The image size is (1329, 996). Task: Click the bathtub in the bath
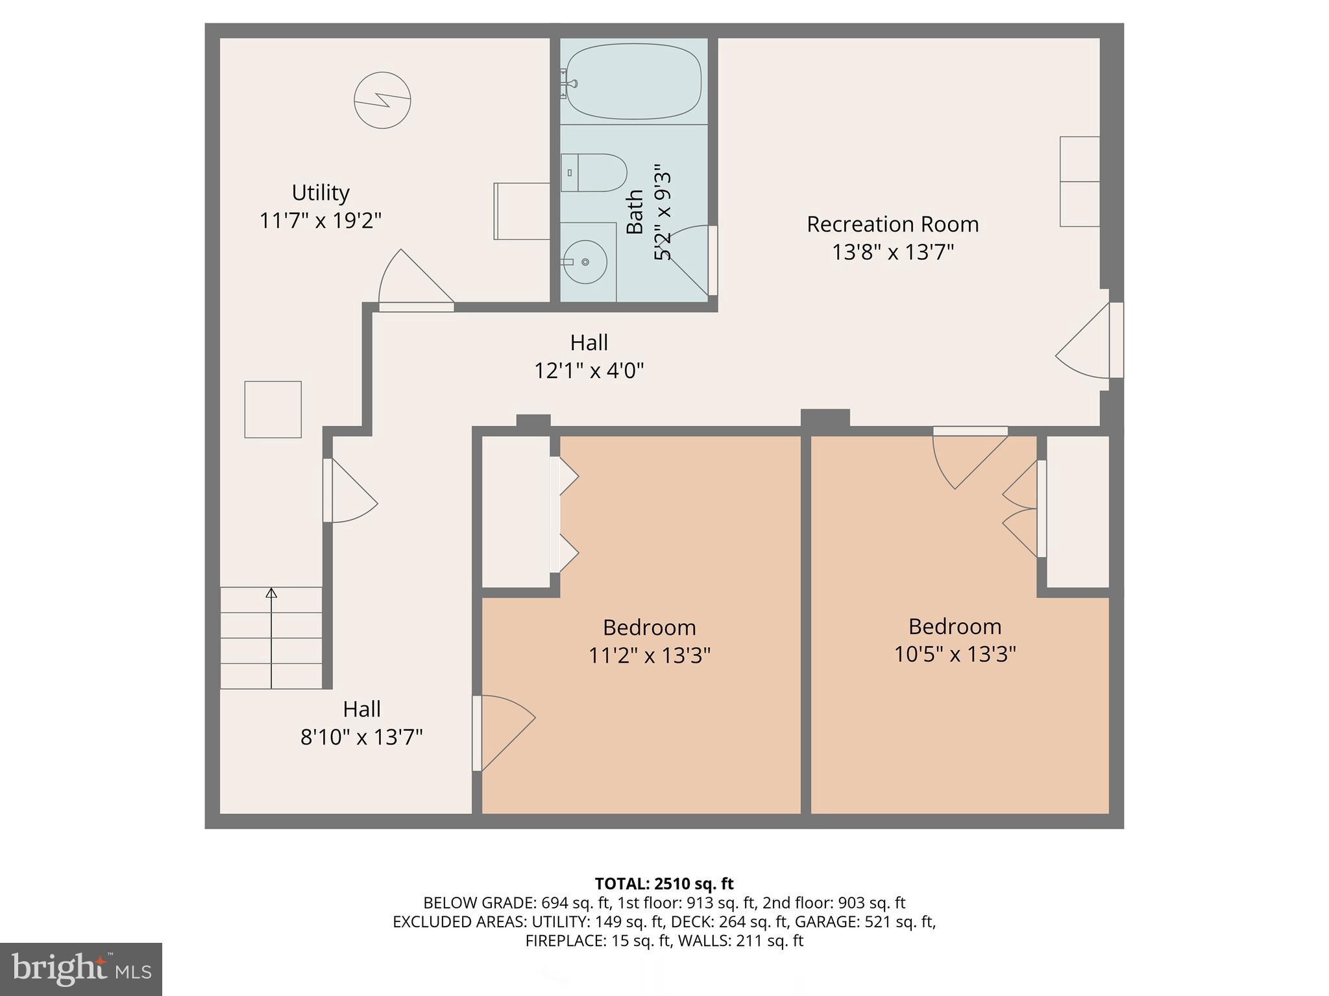click(633, 81)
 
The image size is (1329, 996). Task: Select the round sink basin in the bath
click(585, 262)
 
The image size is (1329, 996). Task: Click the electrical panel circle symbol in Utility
click(382, 100)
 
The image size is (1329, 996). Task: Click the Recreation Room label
click(892, 224)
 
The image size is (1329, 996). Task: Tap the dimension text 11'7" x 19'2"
click(321, 220)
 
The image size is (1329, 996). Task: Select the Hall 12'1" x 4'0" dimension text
click(589, 371)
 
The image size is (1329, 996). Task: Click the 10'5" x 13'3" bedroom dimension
click(955, 654)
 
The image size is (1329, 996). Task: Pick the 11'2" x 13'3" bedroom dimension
click(649, 656)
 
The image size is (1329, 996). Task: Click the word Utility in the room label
click(321, 193)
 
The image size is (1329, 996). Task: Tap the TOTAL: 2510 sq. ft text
click(664, 884)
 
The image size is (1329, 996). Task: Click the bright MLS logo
click(81, 969)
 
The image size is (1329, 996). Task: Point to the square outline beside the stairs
click(273, 409)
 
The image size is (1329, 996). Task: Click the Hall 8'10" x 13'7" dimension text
click(361, 737)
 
